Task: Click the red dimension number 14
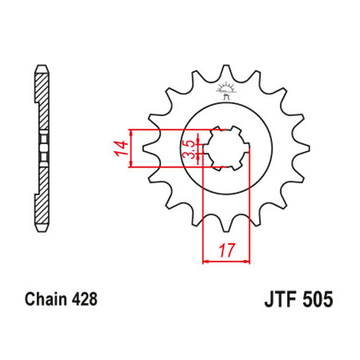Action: point(122,148)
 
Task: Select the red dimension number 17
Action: point(226,250)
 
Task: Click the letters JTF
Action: point(281,300)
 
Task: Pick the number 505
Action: point(318,300)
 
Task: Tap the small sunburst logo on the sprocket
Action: point(225,90)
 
